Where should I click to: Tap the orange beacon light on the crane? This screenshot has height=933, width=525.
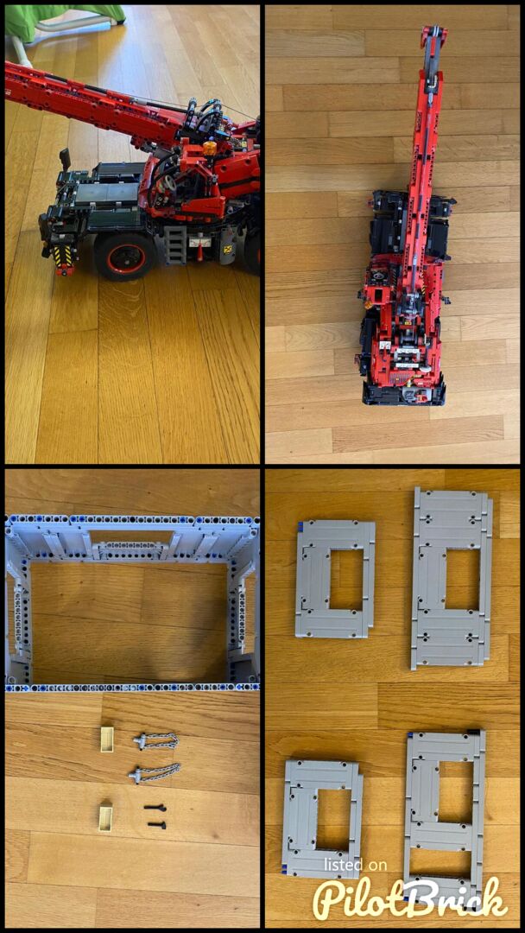pyautogui.click(x=209, y=149)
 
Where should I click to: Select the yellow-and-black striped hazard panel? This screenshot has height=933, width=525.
pyautogui.click(x=64, y=257)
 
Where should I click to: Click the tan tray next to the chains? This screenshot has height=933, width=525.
pyautogui.click(x=106, y=739)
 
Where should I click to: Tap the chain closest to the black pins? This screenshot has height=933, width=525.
pyautogui.click(x=155, y=773)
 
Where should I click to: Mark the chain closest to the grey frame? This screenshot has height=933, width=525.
pyautogui.click(x=155, y=740)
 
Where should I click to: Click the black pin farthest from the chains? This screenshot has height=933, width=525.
pyautogui.click(x=155, y=825)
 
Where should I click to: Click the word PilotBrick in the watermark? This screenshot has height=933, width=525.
pyautogui.click(x=411, y=898)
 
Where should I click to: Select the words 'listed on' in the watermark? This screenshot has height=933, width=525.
pyautogui.click(x=355, y=865)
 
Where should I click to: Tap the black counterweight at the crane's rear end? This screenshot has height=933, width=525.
pyautogui.click(x=404, y=393)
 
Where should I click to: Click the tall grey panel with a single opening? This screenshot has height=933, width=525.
pyautogui.click(x=452, y=577)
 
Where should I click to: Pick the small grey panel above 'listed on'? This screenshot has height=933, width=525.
pyautogui.click(x=324, y=818)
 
